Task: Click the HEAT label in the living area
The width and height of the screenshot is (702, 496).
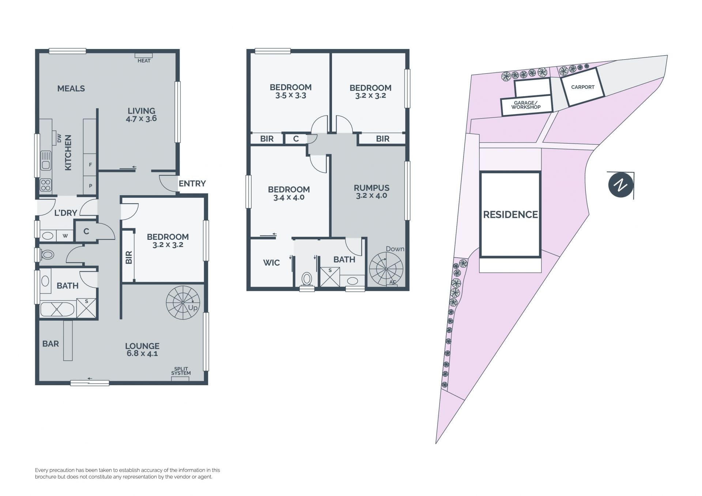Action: click(x=144, y=61)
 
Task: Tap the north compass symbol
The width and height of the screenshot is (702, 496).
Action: click(x=621, y=185)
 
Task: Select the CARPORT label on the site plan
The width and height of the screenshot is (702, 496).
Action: click(x=583, y=87)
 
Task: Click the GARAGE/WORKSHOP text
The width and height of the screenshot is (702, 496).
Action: click(x=526, y=105)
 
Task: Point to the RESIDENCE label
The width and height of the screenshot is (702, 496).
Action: click(x=510, y=215)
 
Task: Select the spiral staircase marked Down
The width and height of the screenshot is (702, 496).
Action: click(x=386, y=269)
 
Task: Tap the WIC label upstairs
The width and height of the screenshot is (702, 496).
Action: click(x=271, y=262)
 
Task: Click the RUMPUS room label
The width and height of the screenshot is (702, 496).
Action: click(x=371, y=188)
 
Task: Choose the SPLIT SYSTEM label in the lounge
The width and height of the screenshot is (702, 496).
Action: click(x=181, y=371)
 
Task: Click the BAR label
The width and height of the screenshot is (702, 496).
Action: click(x=50, y=344)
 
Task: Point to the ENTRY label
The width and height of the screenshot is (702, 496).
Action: click(x=192, y=183)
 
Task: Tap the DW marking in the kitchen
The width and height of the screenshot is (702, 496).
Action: click(x=59, y=138)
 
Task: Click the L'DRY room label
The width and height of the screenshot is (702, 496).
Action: click(x=66, y=213)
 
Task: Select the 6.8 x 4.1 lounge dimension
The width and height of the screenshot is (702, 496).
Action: click(x=142, y=353)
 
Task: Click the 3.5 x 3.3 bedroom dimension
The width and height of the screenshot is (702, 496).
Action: click(x=291, y=95)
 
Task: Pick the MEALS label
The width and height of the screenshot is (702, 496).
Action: click(x=71, y=88)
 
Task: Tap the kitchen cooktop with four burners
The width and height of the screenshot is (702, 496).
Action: click(x=46, y=185)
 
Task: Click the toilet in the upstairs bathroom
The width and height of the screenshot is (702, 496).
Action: click(x=307, y=279)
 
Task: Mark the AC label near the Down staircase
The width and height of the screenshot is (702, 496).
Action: click(x=393, y=282)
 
